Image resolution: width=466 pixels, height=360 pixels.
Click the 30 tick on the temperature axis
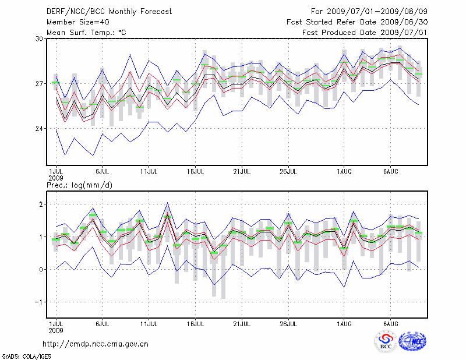point(40,39)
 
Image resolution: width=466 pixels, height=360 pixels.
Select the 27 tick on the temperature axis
point(40,84)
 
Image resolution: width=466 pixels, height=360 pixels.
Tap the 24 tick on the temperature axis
point(40,129)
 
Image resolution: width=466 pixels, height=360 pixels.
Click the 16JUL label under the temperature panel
point(195,172)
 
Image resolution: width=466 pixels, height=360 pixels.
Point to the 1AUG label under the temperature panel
point(344,172)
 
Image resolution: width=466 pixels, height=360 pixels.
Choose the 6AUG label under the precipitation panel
point(390,323)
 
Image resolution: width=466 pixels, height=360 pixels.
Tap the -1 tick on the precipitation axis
point(38,302)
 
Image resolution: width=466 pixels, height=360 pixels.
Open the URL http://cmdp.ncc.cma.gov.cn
point(96,344)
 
